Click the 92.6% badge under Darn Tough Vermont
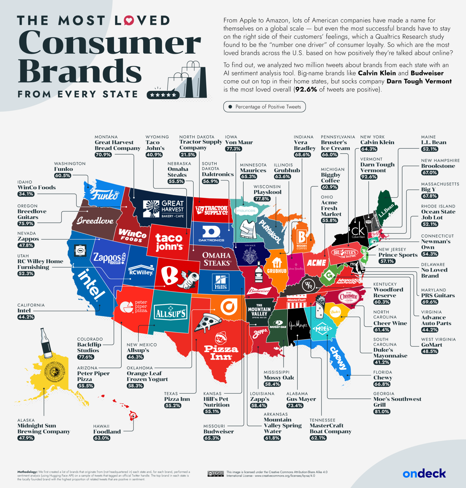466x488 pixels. [x=368, y=177]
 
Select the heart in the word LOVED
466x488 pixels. [x=129, y=20]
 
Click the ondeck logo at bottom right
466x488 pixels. [x=424, y=474]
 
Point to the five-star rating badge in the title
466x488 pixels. [x=163, y=95]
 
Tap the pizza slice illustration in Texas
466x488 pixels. [x=207, y=322]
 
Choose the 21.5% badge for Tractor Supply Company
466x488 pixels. [x=188, y=155]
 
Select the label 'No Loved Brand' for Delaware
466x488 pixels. [x=434, y=273]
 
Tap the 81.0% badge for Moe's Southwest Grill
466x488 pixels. [x=381, y=411]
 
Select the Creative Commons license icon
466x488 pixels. [x=215, y=474]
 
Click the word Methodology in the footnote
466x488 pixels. [x=27, y=472]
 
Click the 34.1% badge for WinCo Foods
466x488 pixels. [x=26, y=194]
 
